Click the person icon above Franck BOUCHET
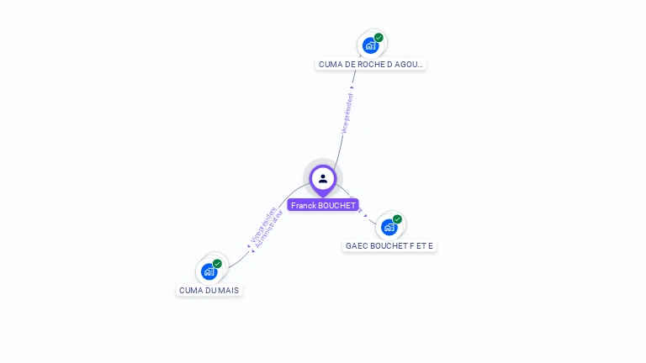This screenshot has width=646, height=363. pos(323,178)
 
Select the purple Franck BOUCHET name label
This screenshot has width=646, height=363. pos(323,205)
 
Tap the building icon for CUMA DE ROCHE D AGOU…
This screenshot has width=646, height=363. pos(370,45)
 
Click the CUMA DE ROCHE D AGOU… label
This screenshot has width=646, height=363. pos(371,64)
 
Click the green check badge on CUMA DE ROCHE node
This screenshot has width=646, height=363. pos(379,38)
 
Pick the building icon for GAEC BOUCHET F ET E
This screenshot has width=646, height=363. pos(389,227)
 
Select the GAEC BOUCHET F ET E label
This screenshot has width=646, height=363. pos(389,246)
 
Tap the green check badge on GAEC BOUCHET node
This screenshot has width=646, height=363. pos(397,219)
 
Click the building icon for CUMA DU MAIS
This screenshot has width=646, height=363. pos(209,271)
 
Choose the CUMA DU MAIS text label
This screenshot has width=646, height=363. pos(209,290)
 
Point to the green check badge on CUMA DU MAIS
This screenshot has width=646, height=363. pos(217,264)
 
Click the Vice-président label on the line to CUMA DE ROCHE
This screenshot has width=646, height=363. pos(347,113)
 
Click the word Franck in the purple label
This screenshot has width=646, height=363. pos(304,205)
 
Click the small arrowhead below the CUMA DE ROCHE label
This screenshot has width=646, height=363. pos(352,86)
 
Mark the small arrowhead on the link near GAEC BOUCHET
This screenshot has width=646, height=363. pos(365,215)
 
